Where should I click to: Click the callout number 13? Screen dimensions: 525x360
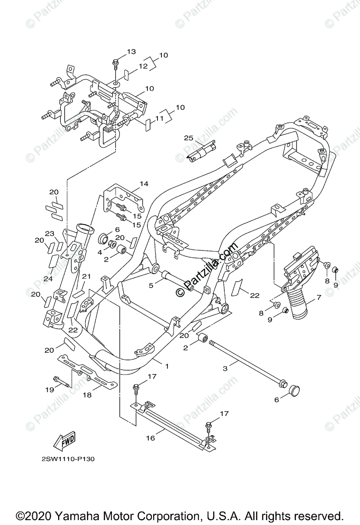pyautogui.click(x=132, y=52)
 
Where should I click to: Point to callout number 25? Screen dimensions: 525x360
pyautogui.click(x=189, y=138)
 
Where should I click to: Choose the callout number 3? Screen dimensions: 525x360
pyautogui.click(x=225, y=368)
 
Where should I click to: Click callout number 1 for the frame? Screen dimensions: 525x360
pyautogui.click(x=166, y=365)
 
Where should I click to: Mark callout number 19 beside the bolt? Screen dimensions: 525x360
pyautogui.click(x=49, y=389)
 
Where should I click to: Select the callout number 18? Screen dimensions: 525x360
pyautogui.click(x=87, y=394)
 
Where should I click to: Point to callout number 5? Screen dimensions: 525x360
pyautogui.click(x=151, y=285)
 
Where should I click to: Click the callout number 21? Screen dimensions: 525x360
pyautogui.click(x=86, y=276)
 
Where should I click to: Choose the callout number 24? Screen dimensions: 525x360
pyautogui.click(x=47, y=278)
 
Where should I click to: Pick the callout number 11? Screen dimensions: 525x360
pyautogui.click(x=159, y=118)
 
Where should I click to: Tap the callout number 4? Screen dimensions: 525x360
pyautogui.click(x=100, y=252)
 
